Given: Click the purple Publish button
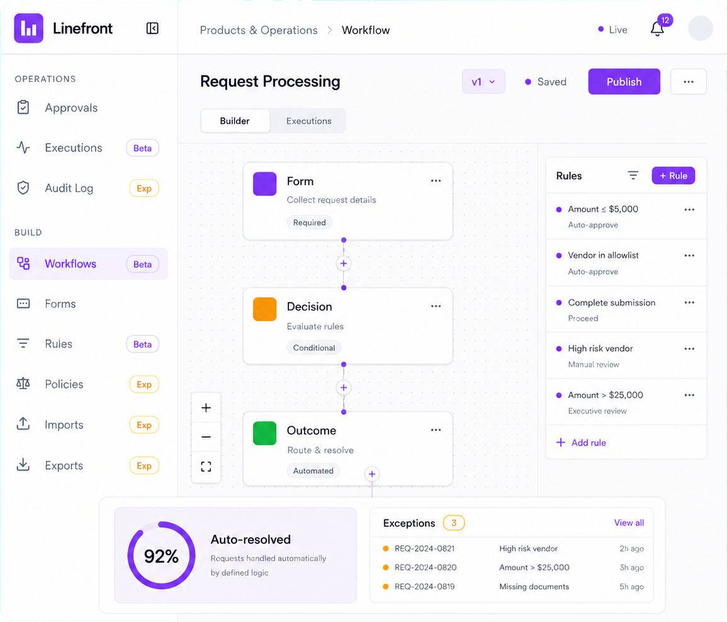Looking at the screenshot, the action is tap(624, 82).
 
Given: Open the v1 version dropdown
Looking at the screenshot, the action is tap(483, 82).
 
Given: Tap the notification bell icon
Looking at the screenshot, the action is tap(657, 29).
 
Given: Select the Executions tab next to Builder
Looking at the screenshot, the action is tap(309, 121).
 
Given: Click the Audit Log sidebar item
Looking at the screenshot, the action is tap(69, 188).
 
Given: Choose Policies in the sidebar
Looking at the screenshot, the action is tap(64, 384).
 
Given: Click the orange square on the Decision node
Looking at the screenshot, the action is tap(265, 309).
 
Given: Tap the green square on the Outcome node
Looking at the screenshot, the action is tap(265, 433).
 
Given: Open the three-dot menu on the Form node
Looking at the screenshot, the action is tap(436, 181).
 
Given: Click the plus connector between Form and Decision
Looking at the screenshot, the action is tap(344, 263).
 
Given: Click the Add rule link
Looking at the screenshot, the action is tap(581, 443).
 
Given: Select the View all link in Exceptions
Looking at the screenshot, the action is tap(629, 523).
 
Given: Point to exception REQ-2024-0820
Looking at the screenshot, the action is tap(425, 567).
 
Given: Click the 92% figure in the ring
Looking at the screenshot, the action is tap(161, 556).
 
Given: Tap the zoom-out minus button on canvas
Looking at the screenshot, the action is tap(206, 437).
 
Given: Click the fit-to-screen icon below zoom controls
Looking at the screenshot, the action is tap(206, 466).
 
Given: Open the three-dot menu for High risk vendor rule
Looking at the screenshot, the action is tap(689, 349).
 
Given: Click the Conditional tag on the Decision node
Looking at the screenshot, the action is tap(314, 348).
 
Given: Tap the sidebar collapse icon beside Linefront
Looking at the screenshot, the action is tap(152, 28).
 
